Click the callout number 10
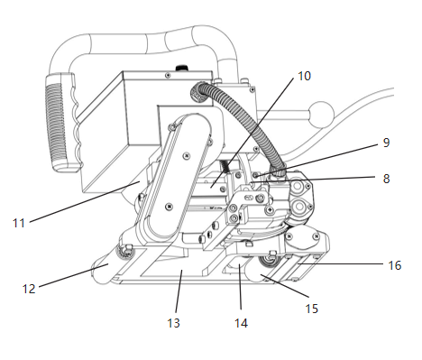(x=304, y=76)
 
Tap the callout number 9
(x=386, y=143)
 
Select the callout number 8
(x=386, y=179)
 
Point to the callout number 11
(x=19, y=223)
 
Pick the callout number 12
(x=29, y=289)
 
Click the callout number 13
(x=173, y=323)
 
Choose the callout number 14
(x=241, y=323)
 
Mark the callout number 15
(x=312, y=309)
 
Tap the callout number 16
(x=395, y=265)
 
